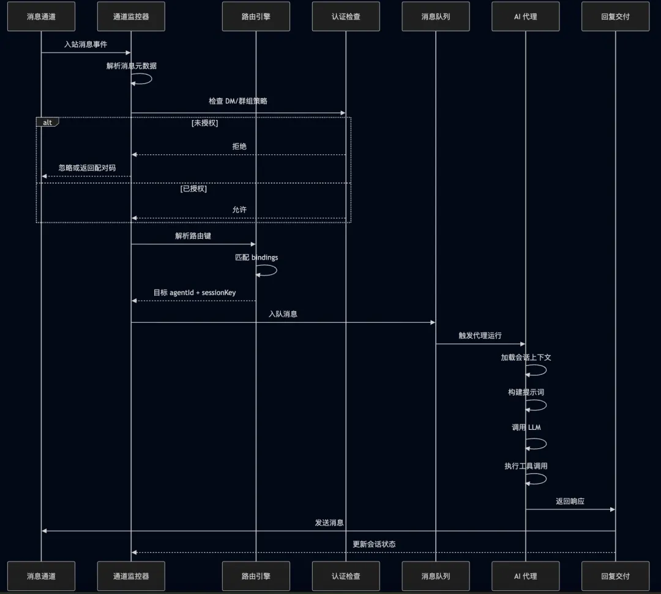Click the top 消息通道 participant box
41,17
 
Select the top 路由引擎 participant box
256,17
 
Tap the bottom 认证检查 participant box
346,576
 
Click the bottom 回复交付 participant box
615,576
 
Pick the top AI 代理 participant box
525,17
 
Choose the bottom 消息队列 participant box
436,576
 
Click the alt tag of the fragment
47,122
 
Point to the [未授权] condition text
204,123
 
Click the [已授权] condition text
193,189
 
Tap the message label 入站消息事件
86,45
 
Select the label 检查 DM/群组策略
237,101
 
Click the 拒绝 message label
239,146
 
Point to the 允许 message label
239,209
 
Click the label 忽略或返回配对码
87,167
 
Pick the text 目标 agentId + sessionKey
194,292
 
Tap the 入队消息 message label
283,314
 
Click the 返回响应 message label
570,501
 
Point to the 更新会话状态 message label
374,544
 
